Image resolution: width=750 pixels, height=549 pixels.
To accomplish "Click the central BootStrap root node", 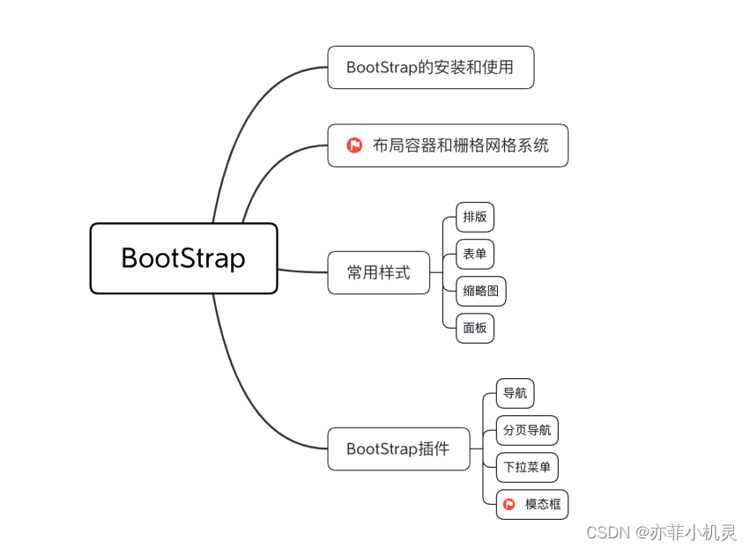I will pyautogui.click(x=183, y=258).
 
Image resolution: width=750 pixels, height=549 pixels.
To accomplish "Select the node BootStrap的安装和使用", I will pyautogui.click(x=430, y=67).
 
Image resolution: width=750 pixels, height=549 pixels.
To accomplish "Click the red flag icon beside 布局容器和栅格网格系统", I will pyautogui.click(x=354, y=145).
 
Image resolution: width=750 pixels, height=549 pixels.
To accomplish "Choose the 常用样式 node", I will pyautogui.click(x=378, y=272).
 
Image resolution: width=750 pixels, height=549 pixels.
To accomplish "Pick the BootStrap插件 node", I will pyautogui.click(x=397, y=449).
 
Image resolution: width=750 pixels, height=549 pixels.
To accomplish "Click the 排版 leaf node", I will pyautogui.click(x=474, y=217).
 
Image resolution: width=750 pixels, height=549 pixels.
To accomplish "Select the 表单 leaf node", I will pyautogui.click(x=474, y=254).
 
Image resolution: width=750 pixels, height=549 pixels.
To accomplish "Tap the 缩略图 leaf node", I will pyautogui.click(x=480, y=291).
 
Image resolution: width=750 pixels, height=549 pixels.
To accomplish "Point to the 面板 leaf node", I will pyautogui.click(x=474, y=328).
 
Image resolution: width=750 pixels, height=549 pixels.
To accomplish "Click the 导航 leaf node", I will pyautogui.click(x=515, y=393).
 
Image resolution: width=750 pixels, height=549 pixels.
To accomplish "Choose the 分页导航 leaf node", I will pyautogui.click(x=526, y=430).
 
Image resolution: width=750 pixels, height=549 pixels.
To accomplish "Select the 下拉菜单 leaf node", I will pyautogui.click(x=526, y=467).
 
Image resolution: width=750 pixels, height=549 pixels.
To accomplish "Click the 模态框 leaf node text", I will pyautogui.click(x=542, y=504).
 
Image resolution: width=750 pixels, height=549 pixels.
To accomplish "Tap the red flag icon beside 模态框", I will pyautogui.click(x=509, y=504).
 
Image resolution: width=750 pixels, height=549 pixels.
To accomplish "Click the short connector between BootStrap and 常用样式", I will pyautogui.click(x=302, y=271).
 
